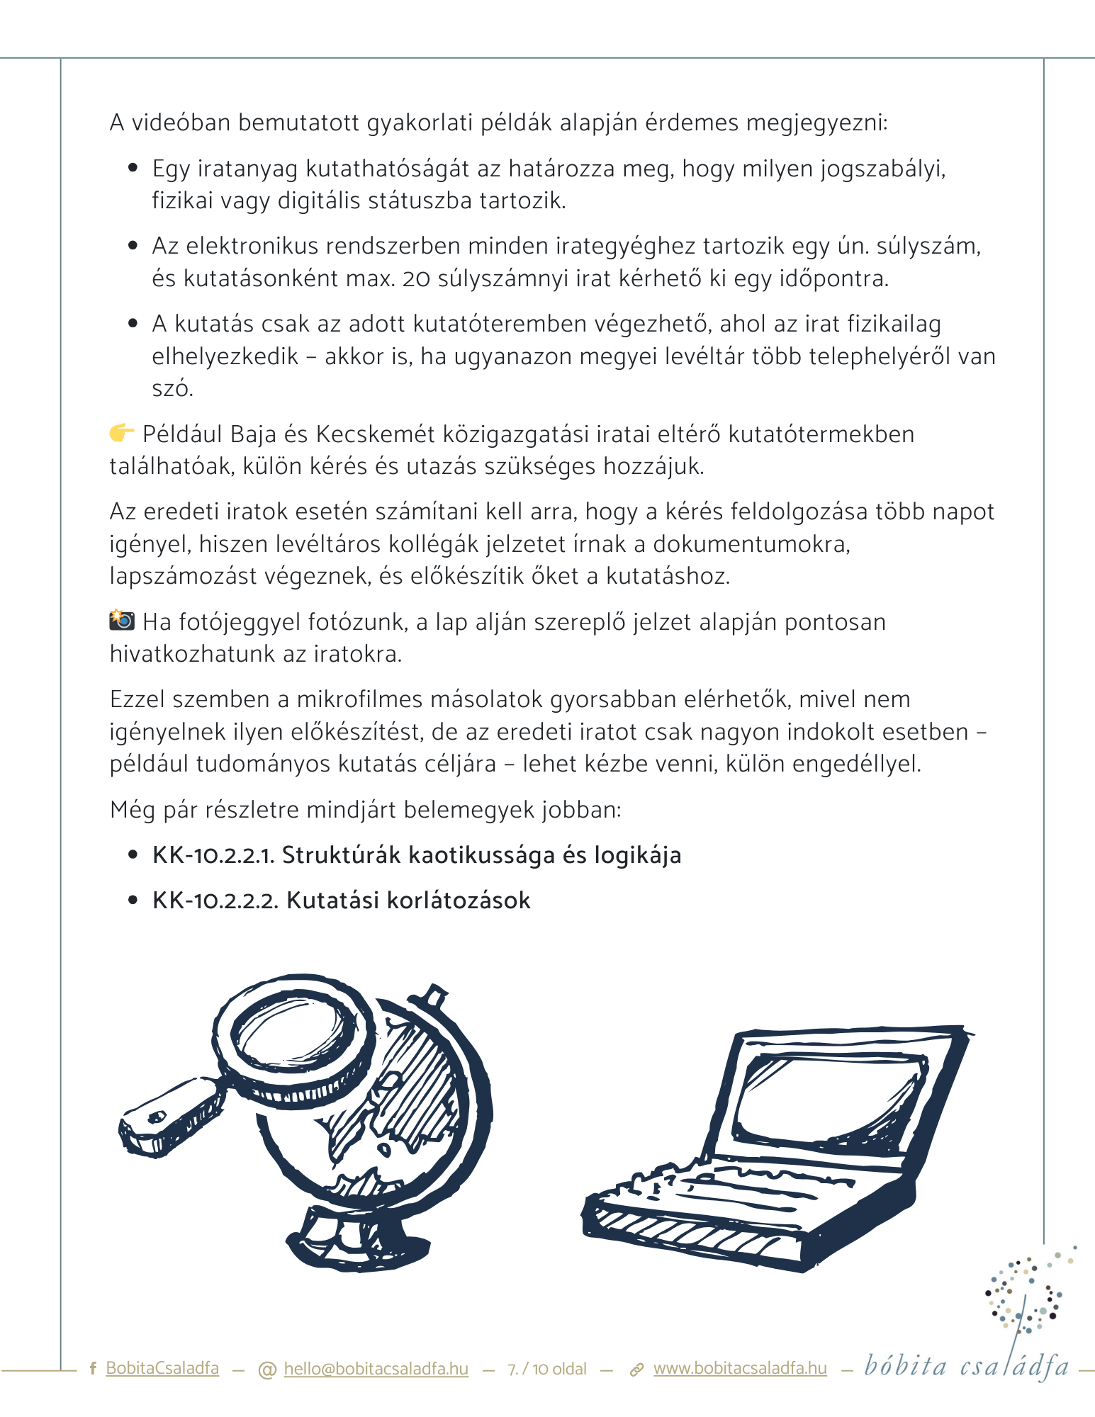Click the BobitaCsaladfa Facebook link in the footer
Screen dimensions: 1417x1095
[162, 1368]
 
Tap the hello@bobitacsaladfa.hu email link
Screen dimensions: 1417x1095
[376, 1368]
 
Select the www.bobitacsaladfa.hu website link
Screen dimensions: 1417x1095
[740, 1368]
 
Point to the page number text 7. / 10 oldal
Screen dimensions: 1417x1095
[547, 1369]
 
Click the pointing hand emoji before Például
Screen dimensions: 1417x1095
[121, 432]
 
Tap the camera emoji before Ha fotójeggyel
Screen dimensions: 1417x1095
[122, 620]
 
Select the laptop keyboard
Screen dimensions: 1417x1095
[737, 1190]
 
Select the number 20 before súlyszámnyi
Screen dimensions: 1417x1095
[416, 278]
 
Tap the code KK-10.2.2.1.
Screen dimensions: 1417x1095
[213, 855]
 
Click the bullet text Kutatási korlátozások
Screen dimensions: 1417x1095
[408, 901]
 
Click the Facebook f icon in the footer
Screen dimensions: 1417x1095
[93, 1369]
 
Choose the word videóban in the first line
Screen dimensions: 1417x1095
[181, 123]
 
